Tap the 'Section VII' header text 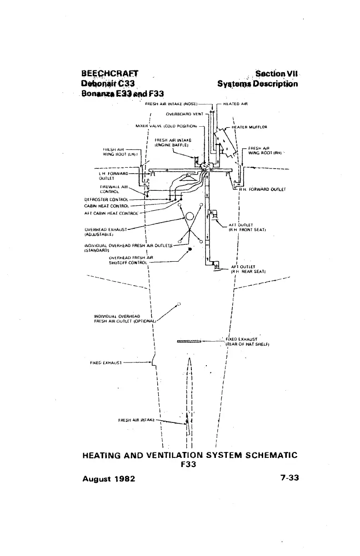(x=276, y=74)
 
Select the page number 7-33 (x=285, y=478)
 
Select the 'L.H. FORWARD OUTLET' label (x=111, y=175)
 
